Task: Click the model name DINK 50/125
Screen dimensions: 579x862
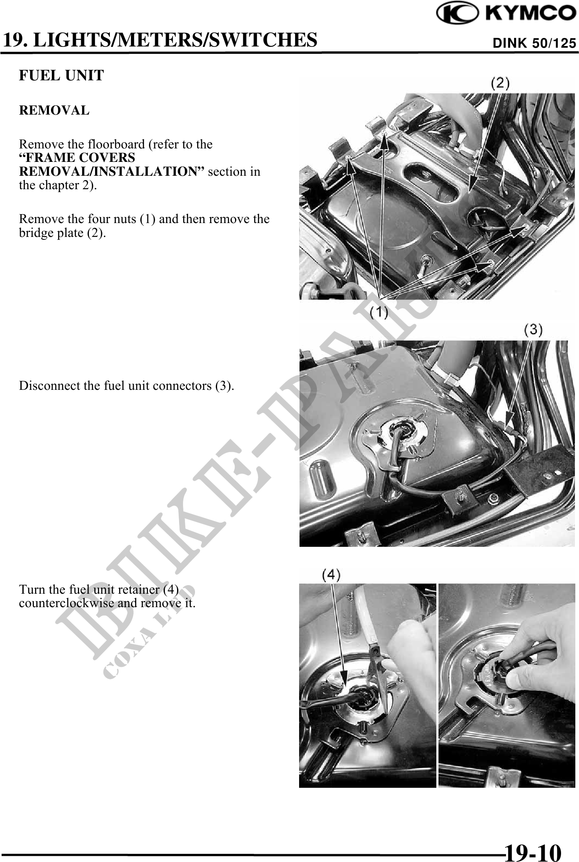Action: coord(535,43)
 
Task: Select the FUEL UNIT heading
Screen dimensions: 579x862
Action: coord(62,75)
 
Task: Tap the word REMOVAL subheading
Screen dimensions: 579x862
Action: coord(54,111)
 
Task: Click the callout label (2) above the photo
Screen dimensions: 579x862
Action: coord(500,83)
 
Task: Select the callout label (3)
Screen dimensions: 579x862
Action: coord(533,330)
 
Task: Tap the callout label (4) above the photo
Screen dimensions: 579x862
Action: coord(331,575)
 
